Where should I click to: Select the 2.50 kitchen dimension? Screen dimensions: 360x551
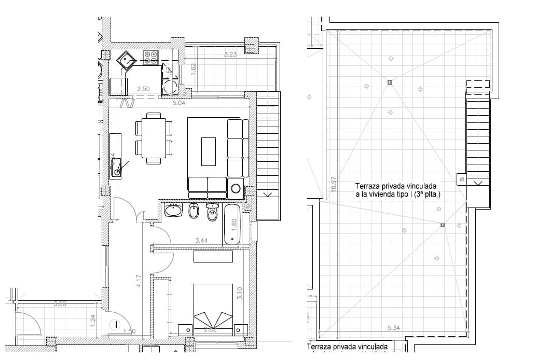[x=143, y=89]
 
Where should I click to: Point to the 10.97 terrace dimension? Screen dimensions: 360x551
[x=334, y=185]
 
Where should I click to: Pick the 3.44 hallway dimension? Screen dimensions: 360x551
[x=201, y=241]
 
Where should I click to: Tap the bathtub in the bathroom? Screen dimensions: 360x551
[x=232, y=225]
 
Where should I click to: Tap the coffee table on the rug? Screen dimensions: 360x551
[x=209, y=151]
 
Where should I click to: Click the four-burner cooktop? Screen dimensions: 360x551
[x=151, y=57]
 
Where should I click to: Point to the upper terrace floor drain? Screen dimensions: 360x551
[x=390, y=82]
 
